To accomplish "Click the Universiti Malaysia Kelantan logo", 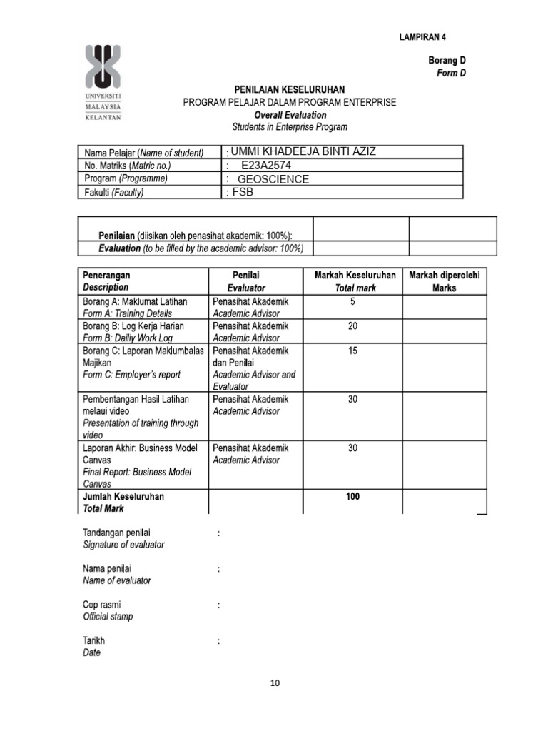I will [x=103, y=81].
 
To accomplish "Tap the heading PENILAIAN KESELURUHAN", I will [x=290, y=89].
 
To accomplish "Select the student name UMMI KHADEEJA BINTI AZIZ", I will [x=301, y=151].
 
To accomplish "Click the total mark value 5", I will [x=352, y=302].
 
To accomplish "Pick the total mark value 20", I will [x=352, y=326].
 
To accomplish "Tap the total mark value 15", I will [x=352, y=351].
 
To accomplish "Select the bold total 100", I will [x=352, y=497].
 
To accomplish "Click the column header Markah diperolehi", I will [x=443, y=276].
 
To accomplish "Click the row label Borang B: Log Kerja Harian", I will [x=133, y=326].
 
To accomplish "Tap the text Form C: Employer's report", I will [x=132, y=375].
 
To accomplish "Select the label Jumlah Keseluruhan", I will [x=123, y=496].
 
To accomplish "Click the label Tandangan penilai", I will [x=116, y=533].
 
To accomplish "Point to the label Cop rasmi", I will [x=101, y=605].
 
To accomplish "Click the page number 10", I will [x=275, y=683].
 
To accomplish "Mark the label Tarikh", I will [x=93, y=641].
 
